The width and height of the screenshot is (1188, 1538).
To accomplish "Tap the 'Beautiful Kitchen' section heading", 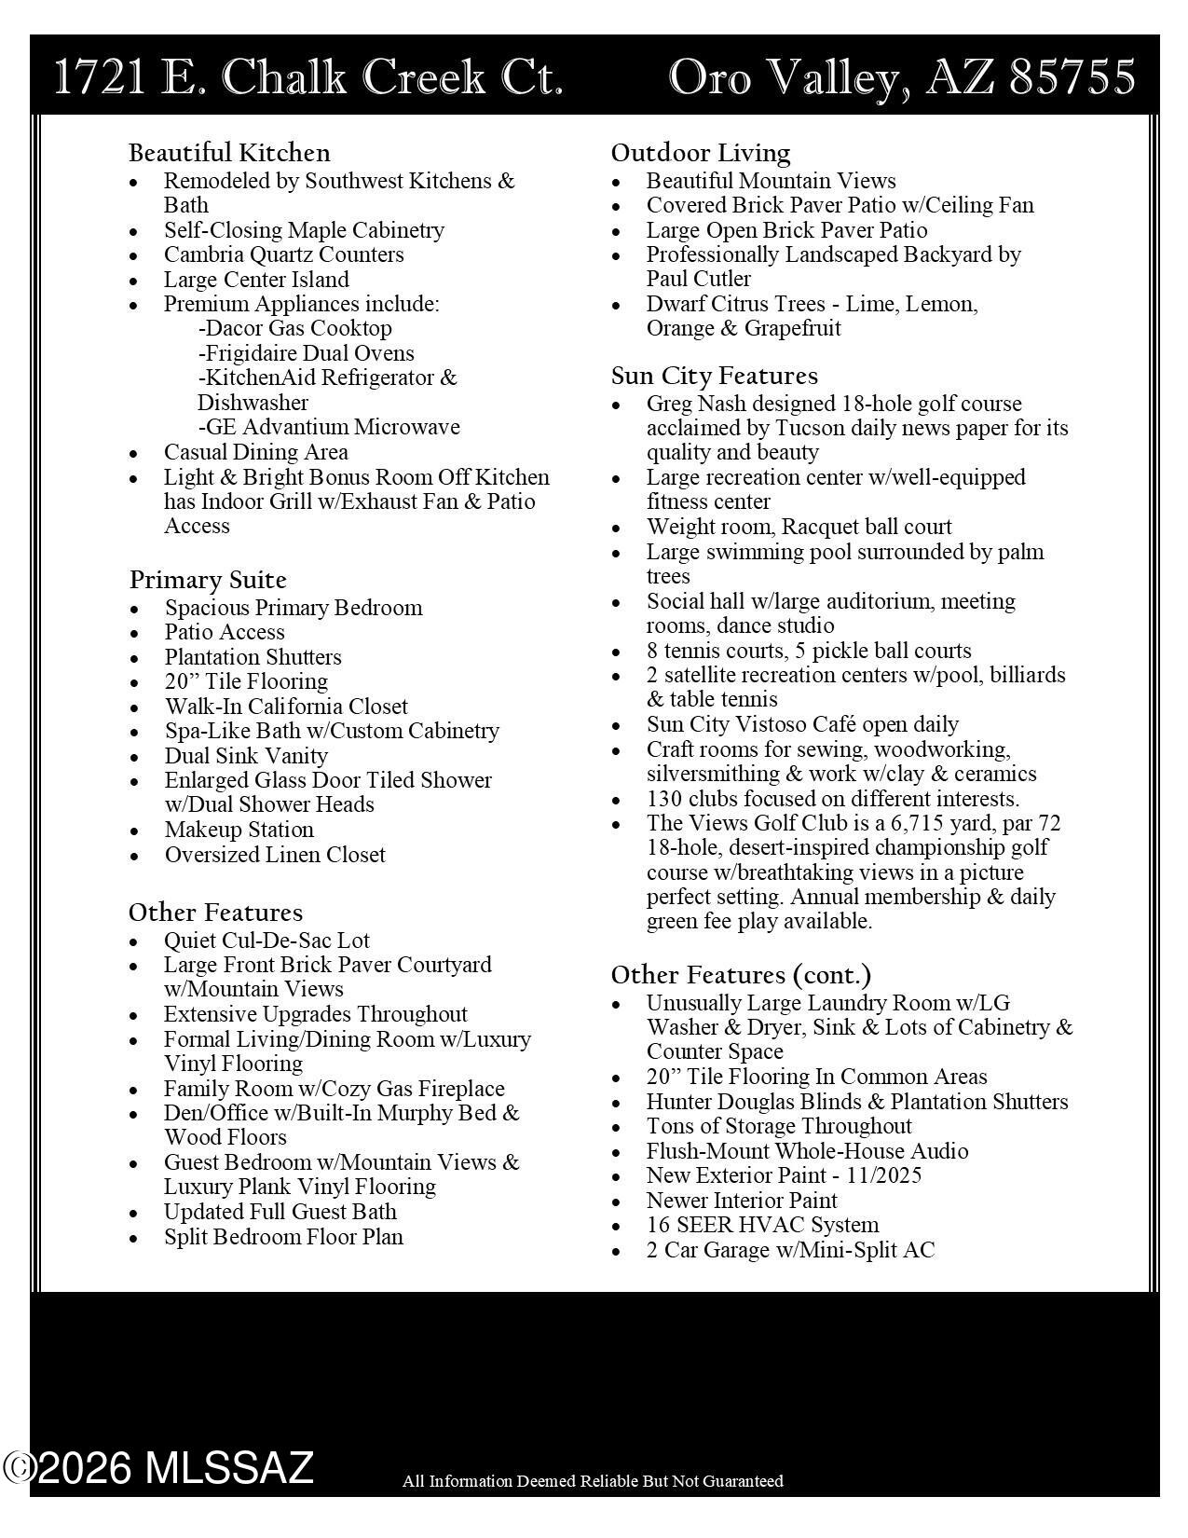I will coord(229,153).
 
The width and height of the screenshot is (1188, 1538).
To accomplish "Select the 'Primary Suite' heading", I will coord(208,580).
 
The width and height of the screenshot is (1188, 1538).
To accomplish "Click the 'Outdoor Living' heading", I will coord(701,153).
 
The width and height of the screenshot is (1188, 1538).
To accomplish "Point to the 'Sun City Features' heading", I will coord(715,376).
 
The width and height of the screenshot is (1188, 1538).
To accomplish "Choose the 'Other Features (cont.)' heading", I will coord(742,975).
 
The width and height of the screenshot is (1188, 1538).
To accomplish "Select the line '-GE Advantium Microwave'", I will coord(329,427).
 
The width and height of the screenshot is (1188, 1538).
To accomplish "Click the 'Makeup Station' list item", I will coord(239,830).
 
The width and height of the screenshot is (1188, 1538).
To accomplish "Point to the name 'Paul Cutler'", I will coord(699,279).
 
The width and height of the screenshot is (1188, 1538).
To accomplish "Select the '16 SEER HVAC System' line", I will coord(762,1225).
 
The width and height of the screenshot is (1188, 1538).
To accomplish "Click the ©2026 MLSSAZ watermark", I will coord(158,1468).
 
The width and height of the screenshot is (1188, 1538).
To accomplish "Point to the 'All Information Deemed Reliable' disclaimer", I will coord(593,1481).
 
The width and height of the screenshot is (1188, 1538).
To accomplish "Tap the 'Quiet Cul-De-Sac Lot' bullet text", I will coord(266,941).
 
